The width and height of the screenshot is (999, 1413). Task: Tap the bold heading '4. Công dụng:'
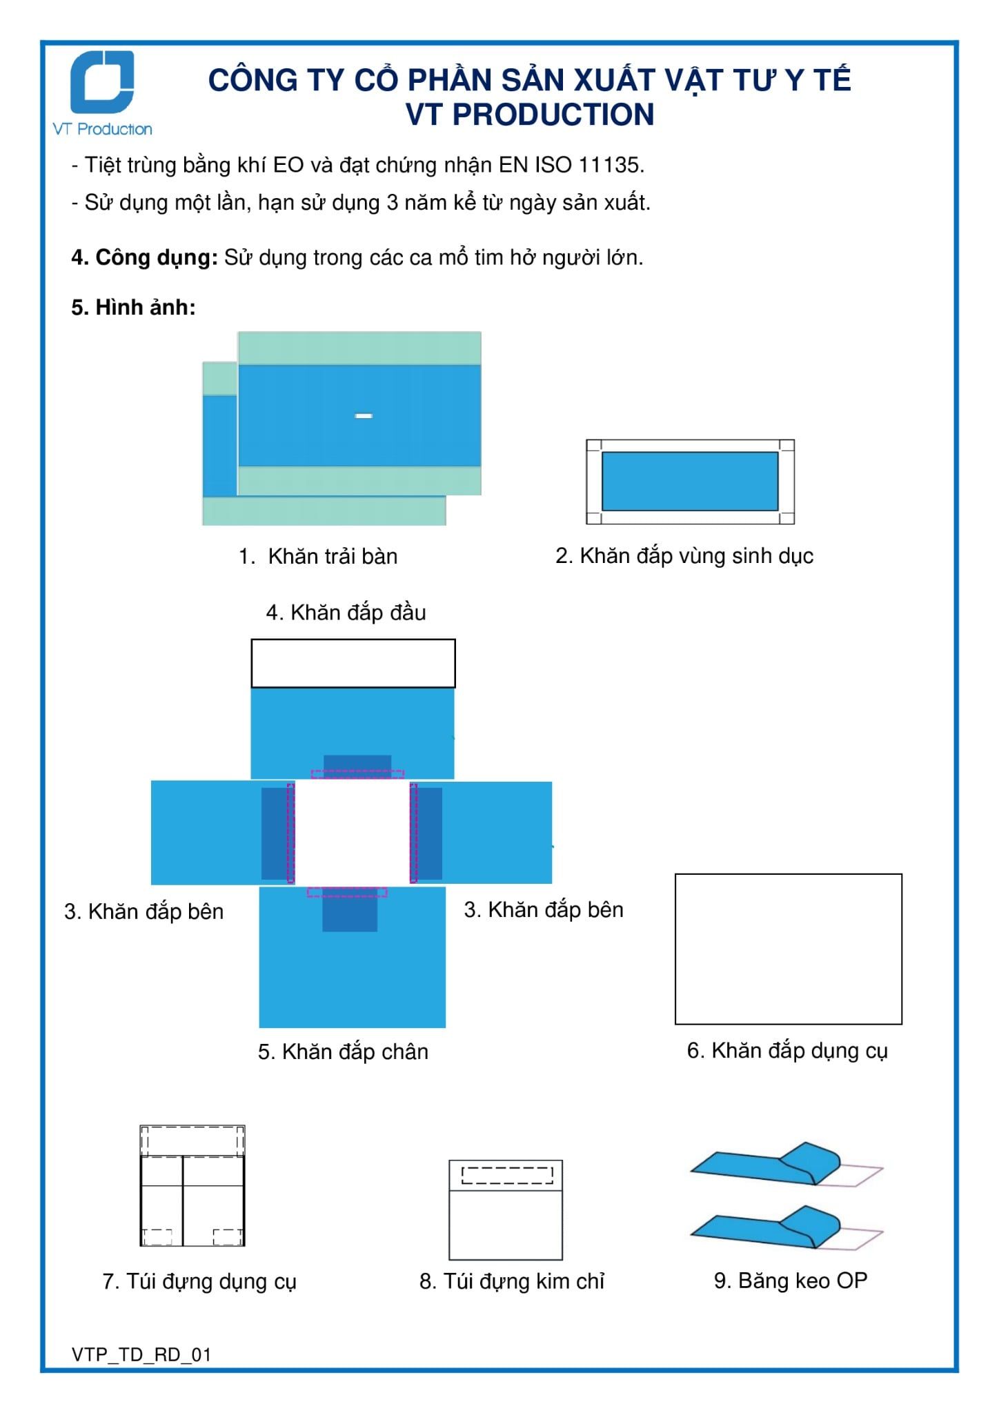pyautogui.click(x=144, y=257)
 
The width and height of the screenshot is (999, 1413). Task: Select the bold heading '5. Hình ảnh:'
pyautogui.click(x=133, y=307)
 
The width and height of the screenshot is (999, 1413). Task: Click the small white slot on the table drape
pyautogui.click(x=364, y=415)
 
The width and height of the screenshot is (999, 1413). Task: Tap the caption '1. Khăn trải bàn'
pyautogui.click(x=318, y=556)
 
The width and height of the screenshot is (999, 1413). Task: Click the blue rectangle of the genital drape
pyautogui.click(x=689, y=481)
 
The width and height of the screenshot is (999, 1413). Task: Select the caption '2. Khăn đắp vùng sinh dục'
pyautogui.click(x=684, y=555)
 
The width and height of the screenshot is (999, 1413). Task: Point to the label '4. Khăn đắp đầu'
pyautogui.click(x=346, y=612)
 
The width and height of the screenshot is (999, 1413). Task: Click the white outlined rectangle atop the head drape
pyautogui.click(x=353, y=663)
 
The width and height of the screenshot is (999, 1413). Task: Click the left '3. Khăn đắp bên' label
pyautogui.click(x=144, y=911)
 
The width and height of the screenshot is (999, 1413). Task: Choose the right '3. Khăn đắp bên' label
pyautogui.click(x=543, y=909)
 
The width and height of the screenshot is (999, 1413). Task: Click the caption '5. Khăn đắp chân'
pyautogui.click(x=343, y=1051)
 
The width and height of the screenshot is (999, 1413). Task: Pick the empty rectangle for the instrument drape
pyautogui.click(x=788, y=949)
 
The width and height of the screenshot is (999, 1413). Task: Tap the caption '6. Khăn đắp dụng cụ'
pyautogui.click(x=787, y=1050)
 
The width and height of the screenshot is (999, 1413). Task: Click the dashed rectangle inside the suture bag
pyautogui.click(x=507, y=1175)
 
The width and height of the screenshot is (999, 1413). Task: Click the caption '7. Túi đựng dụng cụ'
pyautogui.click(x=199, y=1281)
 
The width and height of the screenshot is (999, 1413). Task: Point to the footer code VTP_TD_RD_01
pyautogui.click(x=141, y=1354)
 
